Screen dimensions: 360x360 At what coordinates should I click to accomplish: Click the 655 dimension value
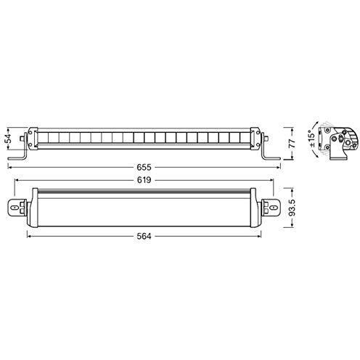coord(144,167)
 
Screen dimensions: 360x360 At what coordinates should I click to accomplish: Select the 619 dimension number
coord(144,180)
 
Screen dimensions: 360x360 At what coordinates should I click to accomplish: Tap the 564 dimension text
coord(144,236)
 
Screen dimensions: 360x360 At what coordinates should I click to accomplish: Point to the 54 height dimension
coord(9,139)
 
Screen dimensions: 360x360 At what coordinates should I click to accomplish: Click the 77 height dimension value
coord(292,144)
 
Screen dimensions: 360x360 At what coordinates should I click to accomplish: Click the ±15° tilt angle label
coord(312,139)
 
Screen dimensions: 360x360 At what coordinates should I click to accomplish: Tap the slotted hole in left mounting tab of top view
coord(15,208)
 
